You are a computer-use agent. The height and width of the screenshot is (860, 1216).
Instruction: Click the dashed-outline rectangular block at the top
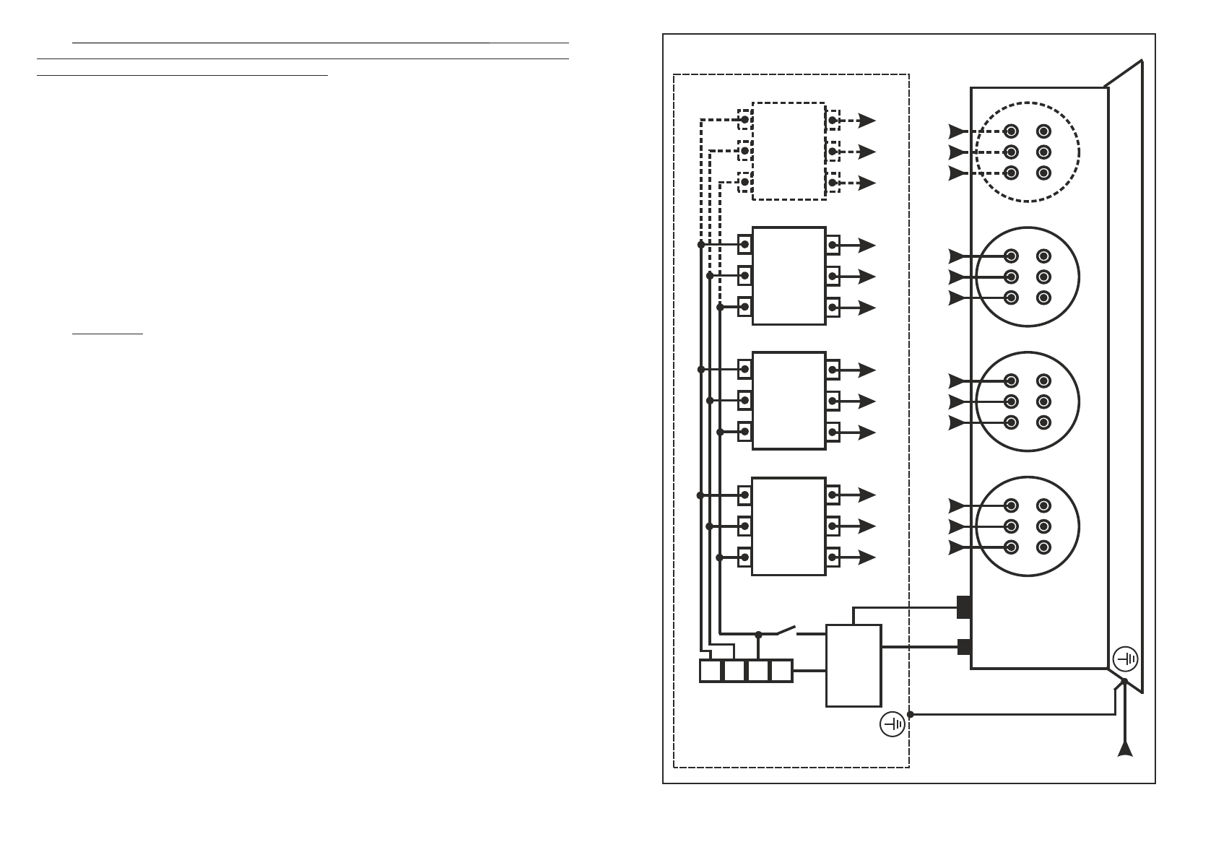click(789, 151)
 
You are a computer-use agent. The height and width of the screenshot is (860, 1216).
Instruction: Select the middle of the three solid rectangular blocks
click(789, 401)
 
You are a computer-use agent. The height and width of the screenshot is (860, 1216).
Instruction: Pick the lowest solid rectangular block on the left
click(789, 526)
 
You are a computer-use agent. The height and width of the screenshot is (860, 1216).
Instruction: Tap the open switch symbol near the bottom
click(786, 630)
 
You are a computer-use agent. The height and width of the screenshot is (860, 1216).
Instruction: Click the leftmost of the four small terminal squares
click(711, 671)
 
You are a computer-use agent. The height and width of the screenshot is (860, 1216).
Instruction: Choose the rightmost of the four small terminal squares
click(781, 671)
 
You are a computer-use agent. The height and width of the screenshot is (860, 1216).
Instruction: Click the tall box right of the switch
click(854, 666)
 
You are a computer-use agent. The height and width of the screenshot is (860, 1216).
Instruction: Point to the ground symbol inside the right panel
click(1126, 659)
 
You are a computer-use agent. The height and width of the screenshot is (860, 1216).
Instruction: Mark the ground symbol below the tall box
click(893, 724)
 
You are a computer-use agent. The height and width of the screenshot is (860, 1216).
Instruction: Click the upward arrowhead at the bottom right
click(1124, 749)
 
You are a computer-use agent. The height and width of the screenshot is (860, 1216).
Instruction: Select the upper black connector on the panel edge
click(963, 607)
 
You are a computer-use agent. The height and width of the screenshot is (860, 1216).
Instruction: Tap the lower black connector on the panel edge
click(963, 647)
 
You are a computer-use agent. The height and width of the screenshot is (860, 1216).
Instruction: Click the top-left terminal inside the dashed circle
click(1011, 131)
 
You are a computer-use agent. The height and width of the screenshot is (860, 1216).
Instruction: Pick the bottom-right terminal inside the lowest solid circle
click(1043, 547)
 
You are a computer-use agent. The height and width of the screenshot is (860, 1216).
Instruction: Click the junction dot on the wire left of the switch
click(758, 635)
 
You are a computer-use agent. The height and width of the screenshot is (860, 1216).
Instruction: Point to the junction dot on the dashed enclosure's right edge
click(910, 714)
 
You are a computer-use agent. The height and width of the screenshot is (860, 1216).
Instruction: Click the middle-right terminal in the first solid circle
click(1043, 277)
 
